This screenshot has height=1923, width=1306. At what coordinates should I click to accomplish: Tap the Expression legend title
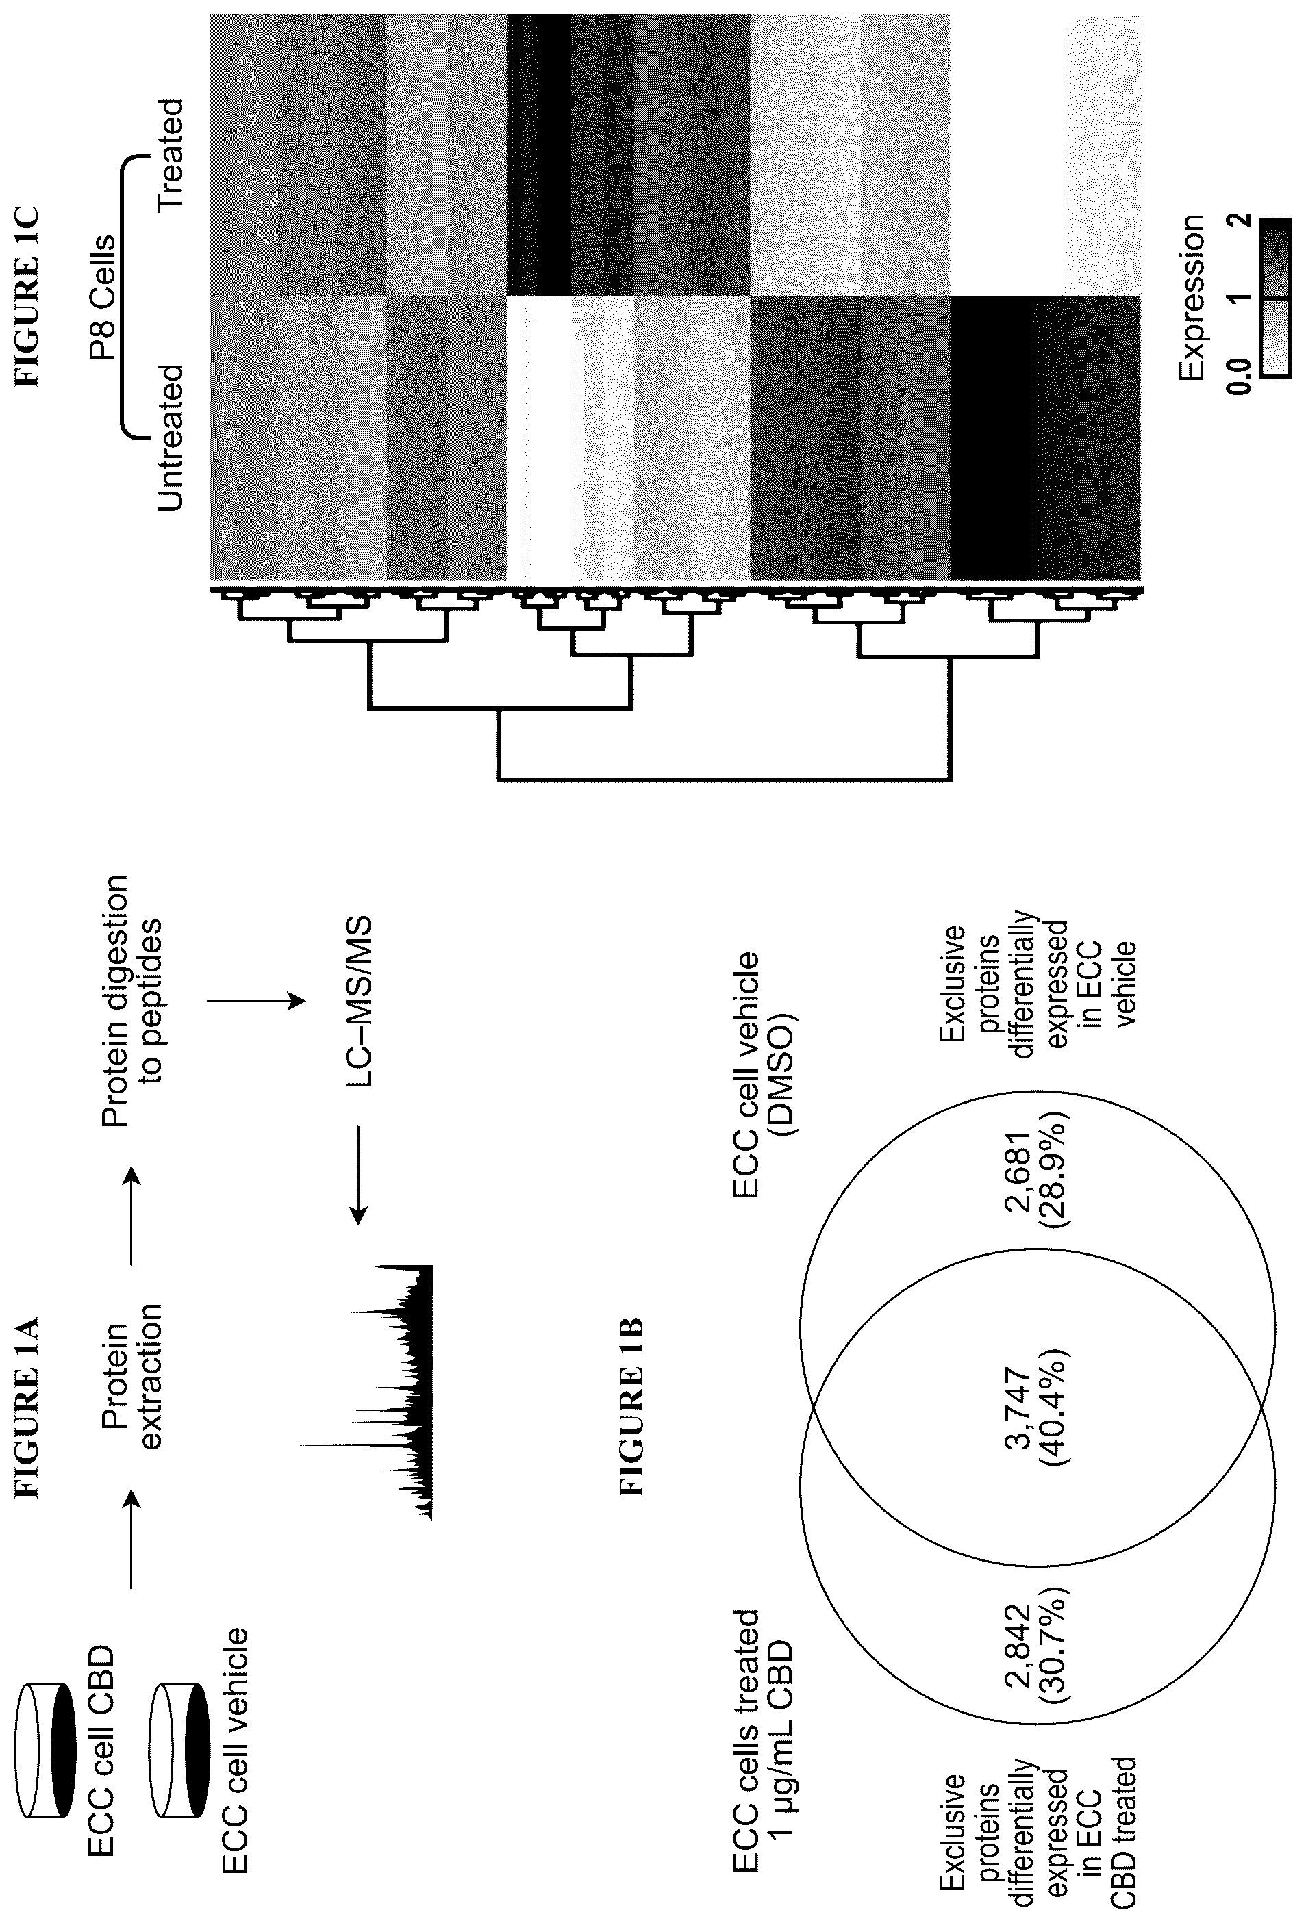coord(1192,297)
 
